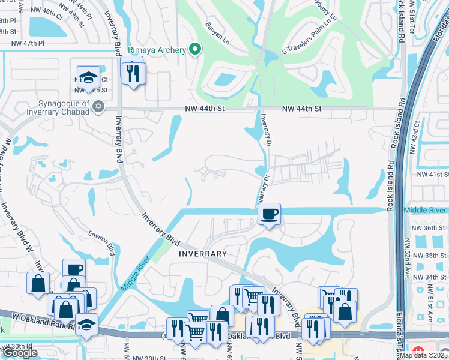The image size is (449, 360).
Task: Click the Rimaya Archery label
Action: click(157, 50)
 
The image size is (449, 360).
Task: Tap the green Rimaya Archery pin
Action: click(194, 50)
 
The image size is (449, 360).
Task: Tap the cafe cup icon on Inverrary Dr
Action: click(269, 214)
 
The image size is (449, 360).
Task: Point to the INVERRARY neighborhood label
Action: click(203, 254)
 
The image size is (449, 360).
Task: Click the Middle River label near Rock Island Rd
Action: click(425, 210)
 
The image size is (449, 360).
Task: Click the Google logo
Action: click(20, 353)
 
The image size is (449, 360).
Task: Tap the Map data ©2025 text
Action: click(423, 355)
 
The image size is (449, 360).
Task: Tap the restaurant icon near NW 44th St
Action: click(131, 73)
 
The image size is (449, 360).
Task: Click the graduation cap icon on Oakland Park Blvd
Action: click(86, 324)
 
